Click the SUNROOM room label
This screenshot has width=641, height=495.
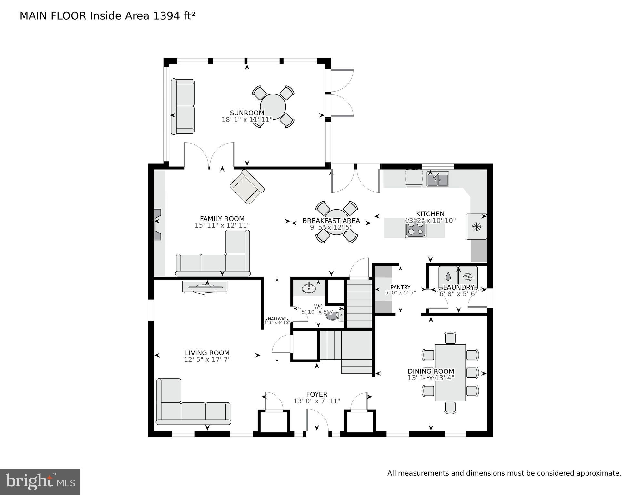(247, 113)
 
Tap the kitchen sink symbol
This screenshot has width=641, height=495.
(437, 179)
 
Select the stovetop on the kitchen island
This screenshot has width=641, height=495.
(416, 229)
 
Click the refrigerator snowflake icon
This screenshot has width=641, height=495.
(476, 227)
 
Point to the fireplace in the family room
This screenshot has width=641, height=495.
(157, 224)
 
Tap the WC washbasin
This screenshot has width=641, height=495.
(309, 288)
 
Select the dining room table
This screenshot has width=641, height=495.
(450, 373)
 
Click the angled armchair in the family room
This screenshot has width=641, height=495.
(247, 187)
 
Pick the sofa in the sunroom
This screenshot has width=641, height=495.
(183, 106)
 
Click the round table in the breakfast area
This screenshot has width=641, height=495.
(336, 223)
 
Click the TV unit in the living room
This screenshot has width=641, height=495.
(205, 287)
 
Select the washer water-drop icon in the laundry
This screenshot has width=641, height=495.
(448, 276)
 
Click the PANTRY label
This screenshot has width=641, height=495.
(400, 287)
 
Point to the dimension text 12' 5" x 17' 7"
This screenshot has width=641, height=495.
(207, 360)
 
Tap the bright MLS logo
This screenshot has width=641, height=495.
(40, 481)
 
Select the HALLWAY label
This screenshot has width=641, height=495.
(277, 319)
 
